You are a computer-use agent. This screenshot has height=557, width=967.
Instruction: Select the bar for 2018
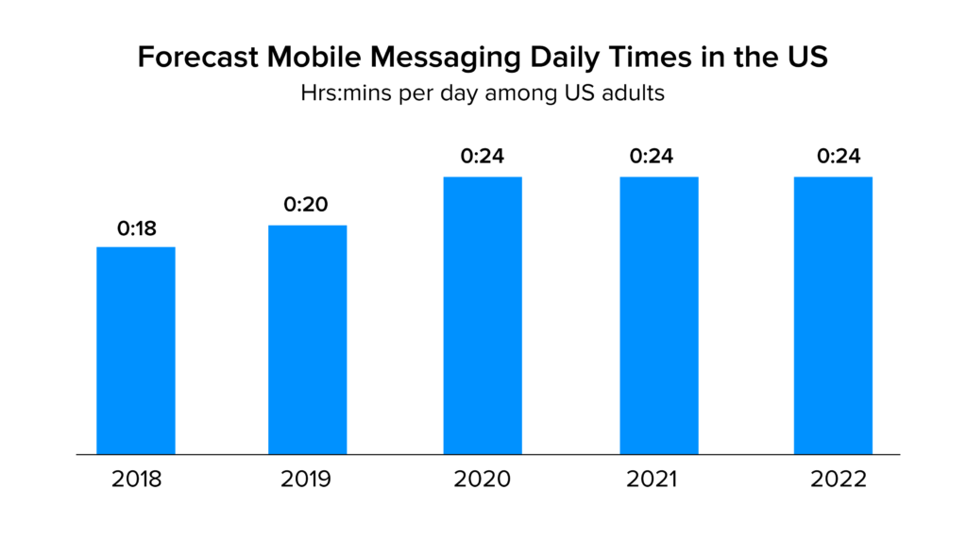tap(136, 350)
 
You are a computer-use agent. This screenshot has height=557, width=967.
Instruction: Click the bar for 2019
tap(307, 340)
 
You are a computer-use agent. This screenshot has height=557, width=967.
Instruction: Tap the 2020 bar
tap(483, 315)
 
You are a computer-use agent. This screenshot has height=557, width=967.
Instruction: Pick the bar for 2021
tap(658, 315)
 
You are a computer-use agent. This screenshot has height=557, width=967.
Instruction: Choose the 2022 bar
tap(833, 315)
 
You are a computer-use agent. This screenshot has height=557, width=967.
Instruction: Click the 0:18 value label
tap(136, 228)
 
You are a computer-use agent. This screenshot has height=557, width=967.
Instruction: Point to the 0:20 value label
tap(307, 206)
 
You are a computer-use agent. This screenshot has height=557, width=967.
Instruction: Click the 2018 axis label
tap(136, 480)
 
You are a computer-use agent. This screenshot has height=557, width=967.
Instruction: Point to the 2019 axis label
tap(307, 480)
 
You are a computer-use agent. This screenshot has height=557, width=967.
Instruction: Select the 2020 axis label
tap(482, 480)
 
